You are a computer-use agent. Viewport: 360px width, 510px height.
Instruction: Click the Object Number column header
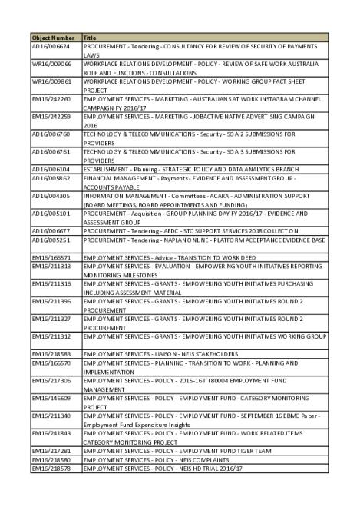click(x=53, y=37)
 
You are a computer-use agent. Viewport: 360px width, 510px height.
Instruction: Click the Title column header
click(x=90, y=37)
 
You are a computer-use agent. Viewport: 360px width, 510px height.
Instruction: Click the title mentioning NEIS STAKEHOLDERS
click(x=150, y=353)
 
